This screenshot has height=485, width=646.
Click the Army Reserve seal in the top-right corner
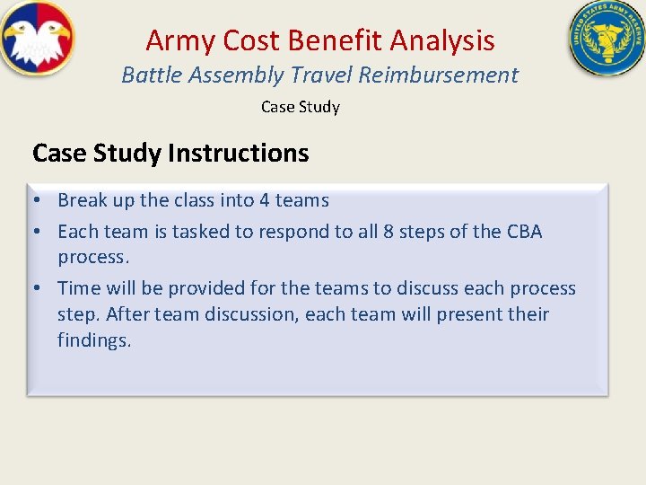(607, 38)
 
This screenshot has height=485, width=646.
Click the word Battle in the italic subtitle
(148, 75)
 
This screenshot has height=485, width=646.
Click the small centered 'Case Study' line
(300, 107)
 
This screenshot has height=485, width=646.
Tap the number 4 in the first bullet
(263, 200)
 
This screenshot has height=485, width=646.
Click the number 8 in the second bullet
(388, 232)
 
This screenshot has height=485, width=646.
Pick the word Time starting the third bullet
(78, 288)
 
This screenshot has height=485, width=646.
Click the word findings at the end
(94, 340)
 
